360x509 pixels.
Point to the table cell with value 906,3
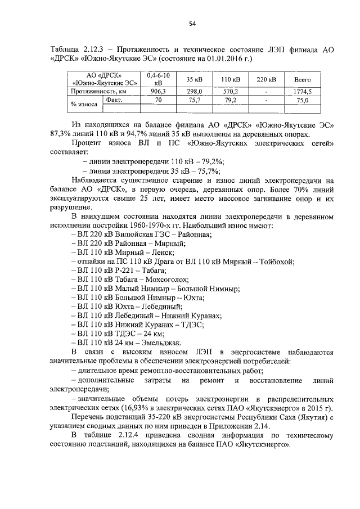click(158, 91)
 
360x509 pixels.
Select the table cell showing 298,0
click(195, 91)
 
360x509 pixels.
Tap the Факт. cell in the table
click(115, 100)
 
